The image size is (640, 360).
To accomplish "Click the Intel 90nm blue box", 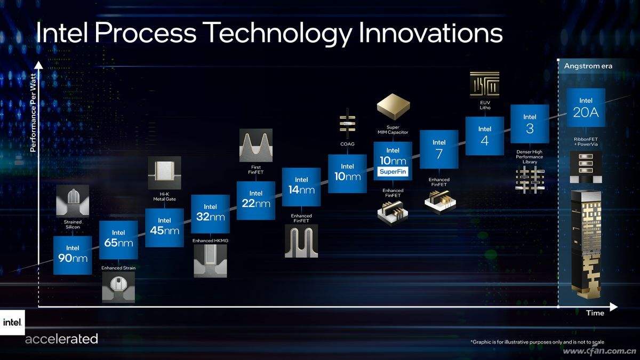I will pyautogui.click(x=73, y=255).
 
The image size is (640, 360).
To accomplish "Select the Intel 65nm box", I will pyautogui.click(x=118, y=239).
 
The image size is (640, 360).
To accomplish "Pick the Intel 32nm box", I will pyautogui.click(x=210, y=213).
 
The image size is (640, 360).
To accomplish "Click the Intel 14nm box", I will pyautogui.click(x=301, y=187).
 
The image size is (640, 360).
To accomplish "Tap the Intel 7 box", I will pyautogui.click(x=439, y=149).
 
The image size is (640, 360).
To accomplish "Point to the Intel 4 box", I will pyautogui.click(x=484, y=136).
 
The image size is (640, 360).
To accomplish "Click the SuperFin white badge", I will pyautogui.click(x=393, y=172).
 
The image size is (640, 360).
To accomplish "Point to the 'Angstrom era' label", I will pyautogui.click(x=588, y=66).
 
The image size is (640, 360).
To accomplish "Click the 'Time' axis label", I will pyautogui.click(x=595, y=313).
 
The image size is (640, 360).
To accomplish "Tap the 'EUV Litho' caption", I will pyautogui.click(x=484, y=105).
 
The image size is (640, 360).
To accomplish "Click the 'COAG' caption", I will pyautogui.click(x=347, y=144).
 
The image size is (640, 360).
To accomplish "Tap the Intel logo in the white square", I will pyautogui.click(x=12, y=322).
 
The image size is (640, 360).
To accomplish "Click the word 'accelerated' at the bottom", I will pyautogui.click(x=61, y=339).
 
